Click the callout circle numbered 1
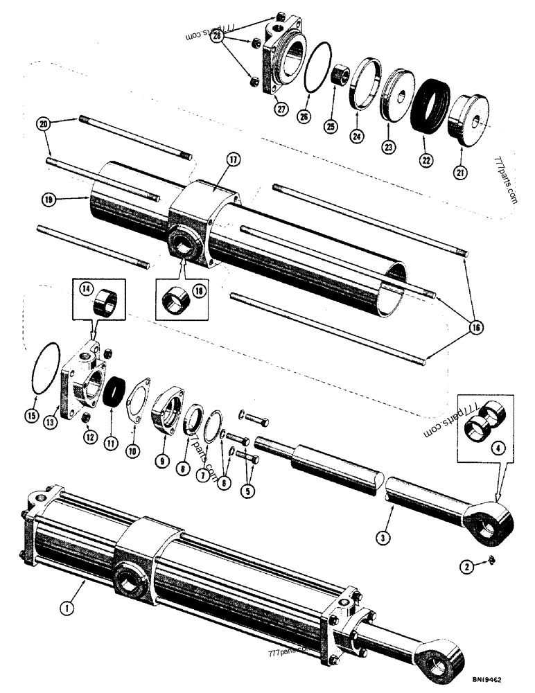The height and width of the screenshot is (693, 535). pos(67,608)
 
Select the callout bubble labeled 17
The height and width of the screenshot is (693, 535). pos(231,160)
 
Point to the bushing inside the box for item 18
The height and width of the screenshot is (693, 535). pos(176,300)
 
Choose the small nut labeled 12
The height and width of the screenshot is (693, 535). pos(86,417)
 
